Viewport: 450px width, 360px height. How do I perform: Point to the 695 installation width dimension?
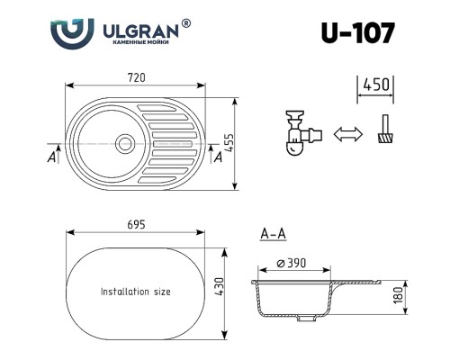[x=136, y=222]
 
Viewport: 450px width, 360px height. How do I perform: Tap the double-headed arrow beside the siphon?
[x=346, y=135]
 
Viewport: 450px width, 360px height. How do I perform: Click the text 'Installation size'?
[x=136, y=292]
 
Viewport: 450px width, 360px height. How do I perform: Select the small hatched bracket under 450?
[x=384, y=136]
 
